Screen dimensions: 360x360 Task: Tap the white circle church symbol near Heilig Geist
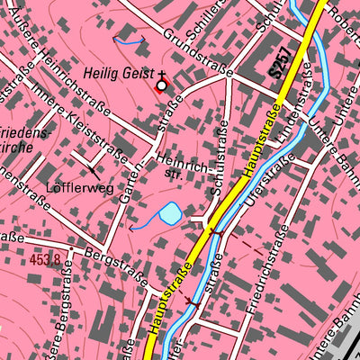pyautogui.click(x=162, y=85)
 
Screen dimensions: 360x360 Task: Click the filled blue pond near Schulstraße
pyautogui.click(x=169, y=214)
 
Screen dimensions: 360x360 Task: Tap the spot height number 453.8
pyautogui.click(x=44, y=259)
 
